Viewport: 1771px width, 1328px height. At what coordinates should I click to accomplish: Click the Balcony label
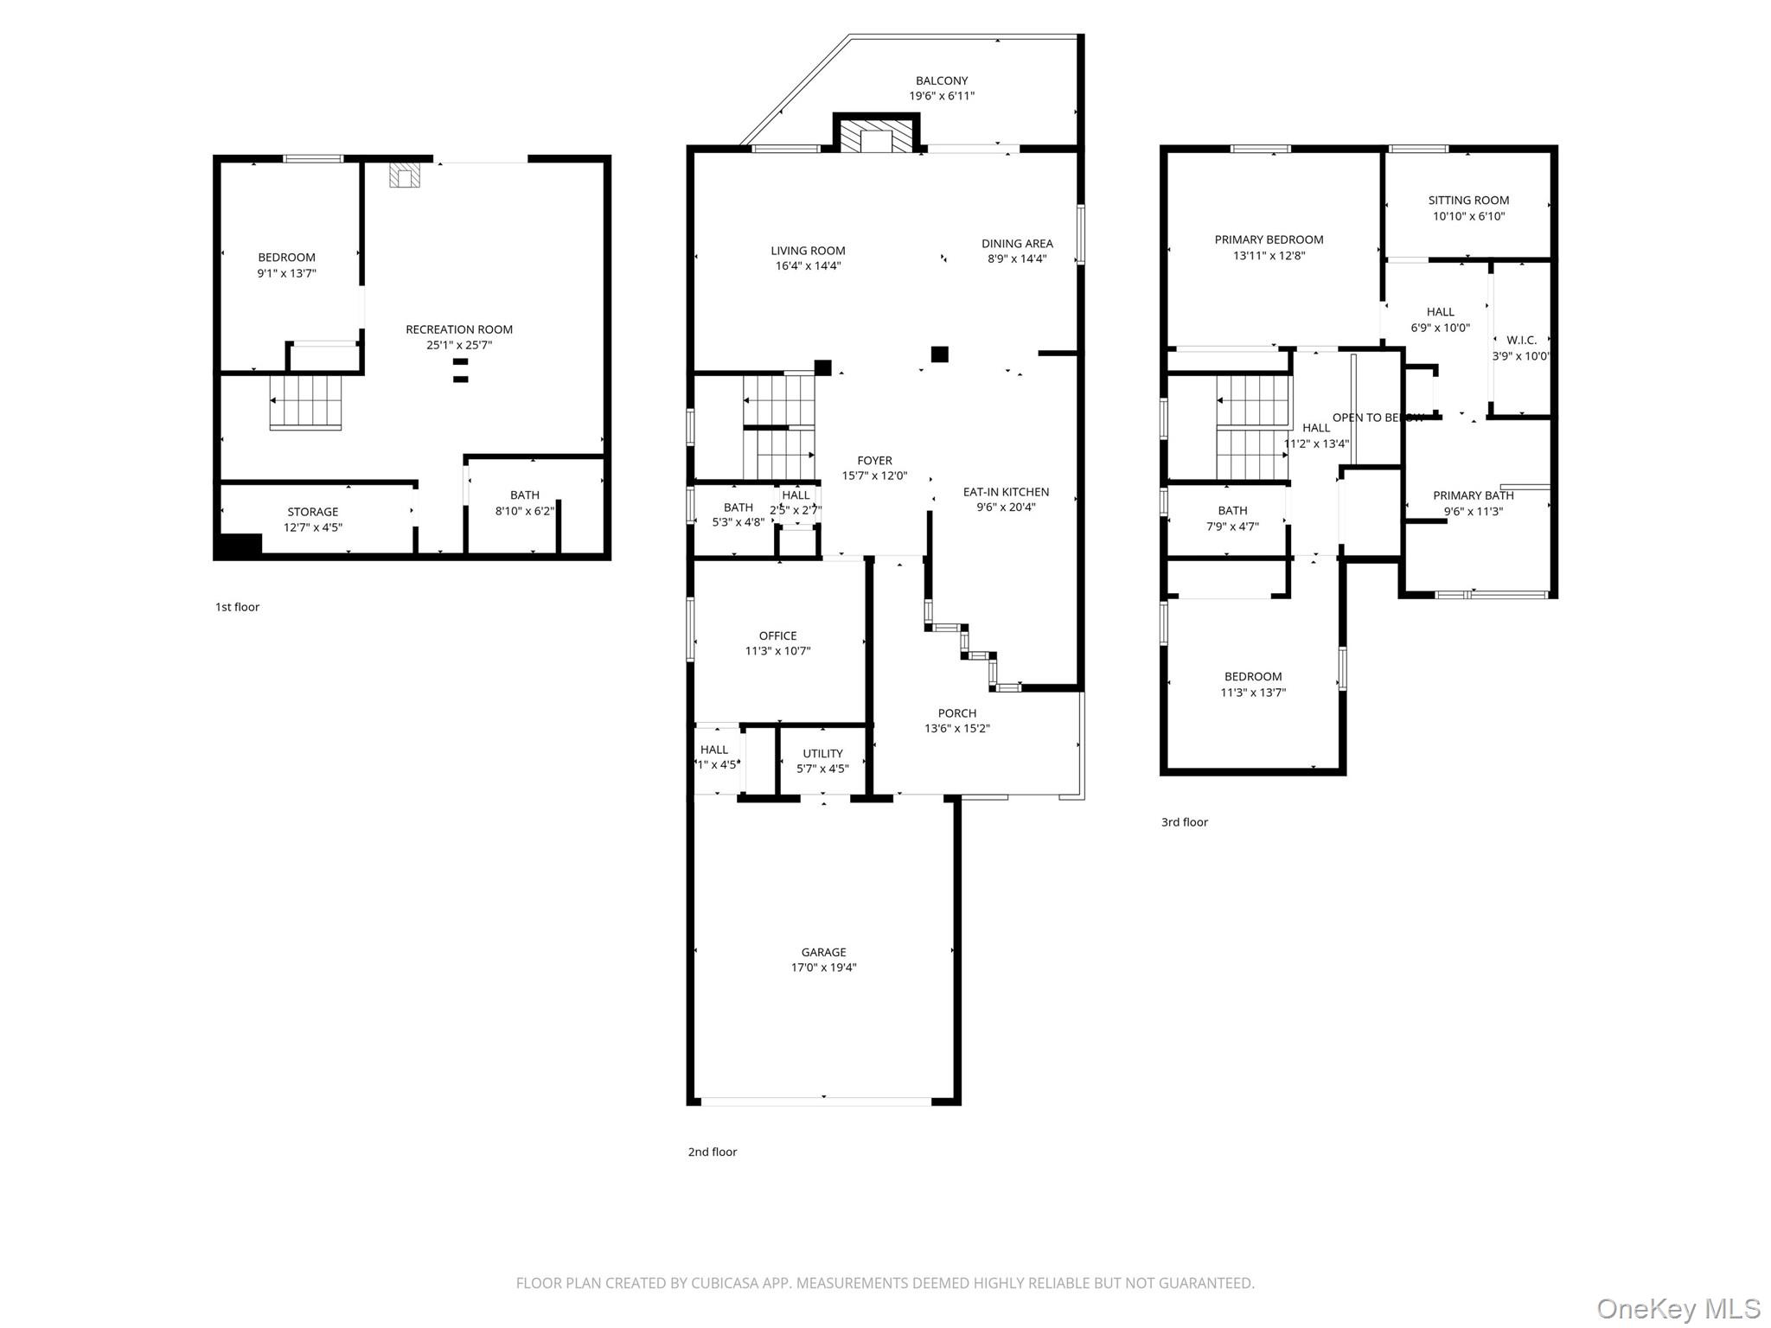point(942,80)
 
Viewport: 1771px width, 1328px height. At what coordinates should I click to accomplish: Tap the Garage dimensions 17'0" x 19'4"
point(823,967)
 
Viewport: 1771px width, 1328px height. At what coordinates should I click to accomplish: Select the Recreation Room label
point(459,329)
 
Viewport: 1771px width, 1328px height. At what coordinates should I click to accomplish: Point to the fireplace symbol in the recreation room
point(404,176)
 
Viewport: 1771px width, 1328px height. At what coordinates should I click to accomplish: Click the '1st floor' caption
point(237,607)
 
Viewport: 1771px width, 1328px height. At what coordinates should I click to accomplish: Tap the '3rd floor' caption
point(1184,822)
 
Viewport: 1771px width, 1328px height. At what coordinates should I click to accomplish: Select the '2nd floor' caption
point(712,1152)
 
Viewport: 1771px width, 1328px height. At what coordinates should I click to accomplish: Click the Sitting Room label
point(1468,200)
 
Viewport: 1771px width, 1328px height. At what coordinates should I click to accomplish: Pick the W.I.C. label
point(1521,340)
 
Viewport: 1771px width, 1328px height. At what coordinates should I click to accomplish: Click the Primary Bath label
point(1473,495)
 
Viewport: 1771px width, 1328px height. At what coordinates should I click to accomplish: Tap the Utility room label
point(822,753)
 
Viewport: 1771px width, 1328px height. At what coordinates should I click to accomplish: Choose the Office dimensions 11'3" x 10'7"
point(777,651)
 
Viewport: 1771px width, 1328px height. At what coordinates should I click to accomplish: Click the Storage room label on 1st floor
point(312,512)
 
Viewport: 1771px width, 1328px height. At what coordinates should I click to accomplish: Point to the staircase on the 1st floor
point(306,402)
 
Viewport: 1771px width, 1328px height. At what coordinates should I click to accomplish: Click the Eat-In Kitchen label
point(1006,492)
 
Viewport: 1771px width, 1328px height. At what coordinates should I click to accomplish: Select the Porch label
point(956,713)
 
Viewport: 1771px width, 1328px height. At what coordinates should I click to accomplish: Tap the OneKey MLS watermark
point(1678,1308)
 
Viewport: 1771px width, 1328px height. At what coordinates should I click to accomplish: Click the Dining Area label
point(1017,244)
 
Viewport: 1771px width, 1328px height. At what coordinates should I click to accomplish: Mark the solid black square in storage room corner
point(240,546)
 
